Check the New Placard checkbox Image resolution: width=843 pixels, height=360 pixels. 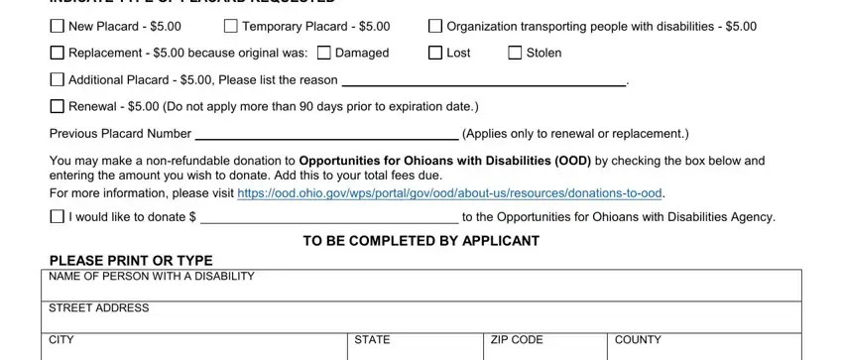pyautogui.click(x=56, y=26)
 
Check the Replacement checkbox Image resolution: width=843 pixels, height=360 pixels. pyautogui.click(x=56, y=53)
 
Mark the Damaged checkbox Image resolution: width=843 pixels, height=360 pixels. pyautogui.click(x=323, y=53)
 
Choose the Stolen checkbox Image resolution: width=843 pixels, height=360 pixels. pyautogui.click(x=514, y=53)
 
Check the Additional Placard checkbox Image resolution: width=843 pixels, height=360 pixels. pyautogui.click(x=56, y=79)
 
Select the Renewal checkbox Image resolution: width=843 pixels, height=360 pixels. pyautogui.click(x=56, y=106)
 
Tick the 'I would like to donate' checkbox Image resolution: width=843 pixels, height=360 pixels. pyautogui.click(x=56, y=218)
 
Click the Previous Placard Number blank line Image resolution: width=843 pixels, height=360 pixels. pyautogui.click(x=326, y=136)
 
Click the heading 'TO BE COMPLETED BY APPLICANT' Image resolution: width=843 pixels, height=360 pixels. pyautogui.click(x=422, y=241)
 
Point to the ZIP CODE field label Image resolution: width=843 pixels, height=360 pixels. pyautogui.click(x=517, y=339)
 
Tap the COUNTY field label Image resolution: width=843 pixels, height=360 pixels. pyautogui.click(x=638, y=339)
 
